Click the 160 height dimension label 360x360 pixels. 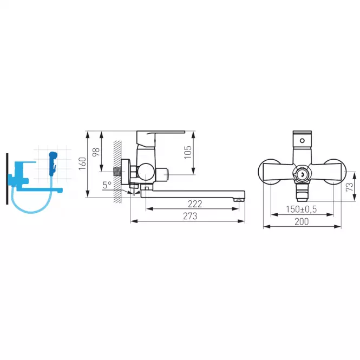(82, 163)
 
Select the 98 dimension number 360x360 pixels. (96, 152)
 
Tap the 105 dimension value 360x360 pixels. (187, 152)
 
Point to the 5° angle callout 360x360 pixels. (107, 185)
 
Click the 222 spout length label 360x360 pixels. (195, 204)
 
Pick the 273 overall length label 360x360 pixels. (190, 216)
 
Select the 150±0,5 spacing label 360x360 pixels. (301, 209)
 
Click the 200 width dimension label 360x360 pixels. (302, 221)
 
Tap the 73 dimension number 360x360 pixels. (350, 187)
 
